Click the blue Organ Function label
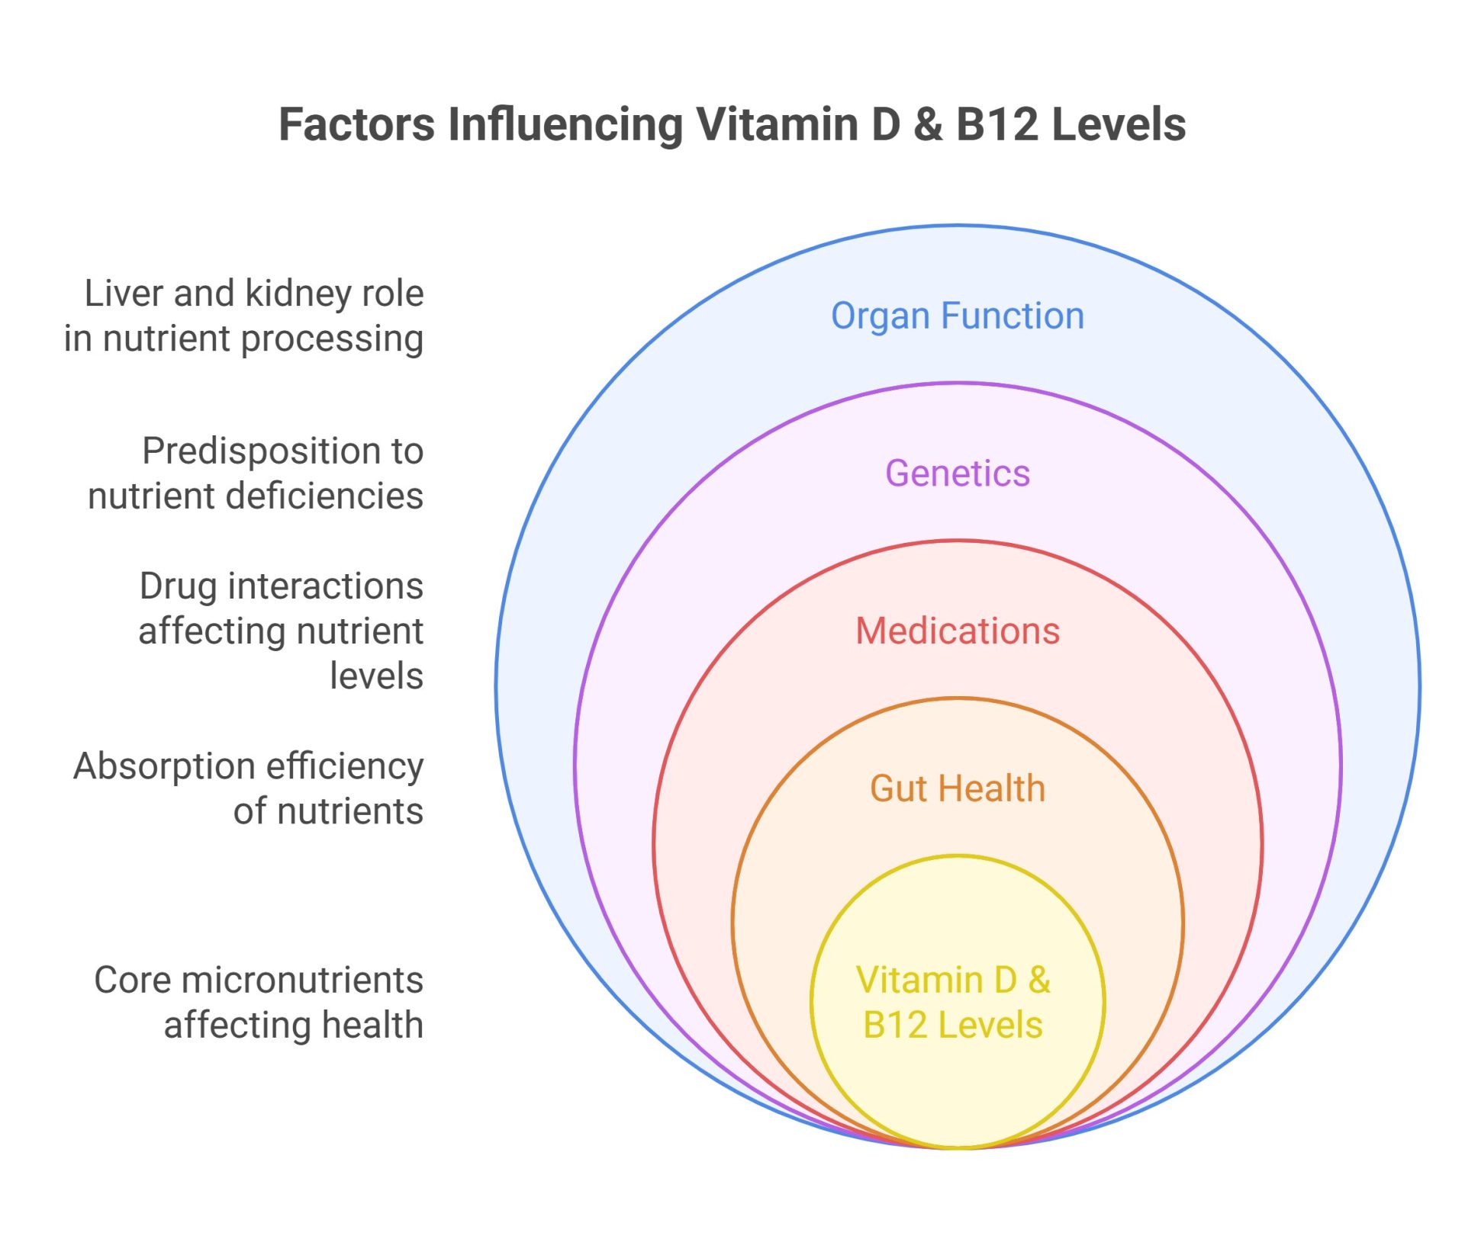tap(957, 316)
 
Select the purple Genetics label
tap(957, 473)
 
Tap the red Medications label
tap(957, 631)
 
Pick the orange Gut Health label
tap(957, 788)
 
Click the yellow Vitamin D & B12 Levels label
tap(953, 1002)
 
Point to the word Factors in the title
tap(356, 124)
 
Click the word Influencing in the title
tap(565, 126)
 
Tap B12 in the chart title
tap(997, 124)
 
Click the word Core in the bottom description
tap(132, 981)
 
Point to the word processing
tap(332, 340)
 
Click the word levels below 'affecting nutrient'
tap(376, 676)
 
